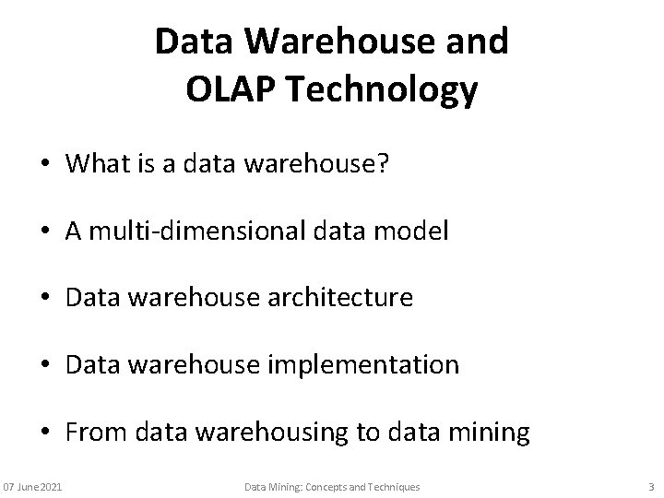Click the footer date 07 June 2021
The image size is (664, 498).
(33, 486)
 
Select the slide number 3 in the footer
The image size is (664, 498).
(651, 486)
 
